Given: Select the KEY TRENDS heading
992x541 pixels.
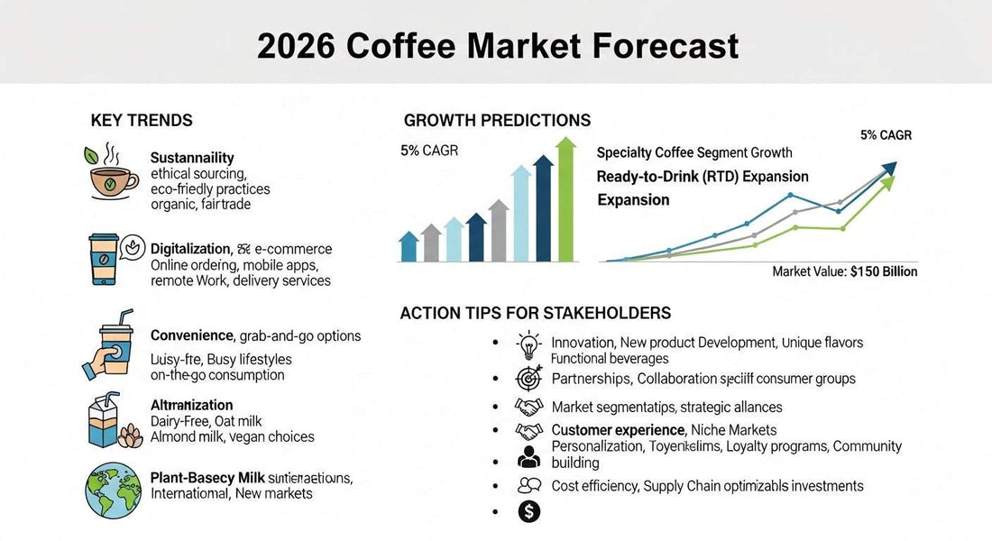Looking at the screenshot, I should click(142, 121).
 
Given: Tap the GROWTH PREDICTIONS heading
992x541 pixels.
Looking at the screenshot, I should click(497, 121).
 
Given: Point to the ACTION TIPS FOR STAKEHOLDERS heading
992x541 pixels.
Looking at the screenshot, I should click(535, 314).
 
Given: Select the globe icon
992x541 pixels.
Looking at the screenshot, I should click(109, 490).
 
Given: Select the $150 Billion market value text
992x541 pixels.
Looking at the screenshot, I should click(883, 271).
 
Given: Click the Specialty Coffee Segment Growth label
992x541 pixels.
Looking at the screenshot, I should click(694, 153).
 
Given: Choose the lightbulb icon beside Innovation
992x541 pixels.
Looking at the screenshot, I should click(528, 345).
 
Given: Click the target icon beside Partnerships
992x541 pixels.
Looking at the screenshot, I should click(528, 377).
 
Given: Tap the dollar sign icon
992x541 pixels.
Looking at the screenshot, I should click(529, 512).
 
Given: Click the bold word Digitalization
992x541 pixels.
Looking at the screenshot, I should click(190, 249).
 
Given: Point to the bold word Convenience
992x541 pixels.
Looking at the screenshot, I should click(191, 336).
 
